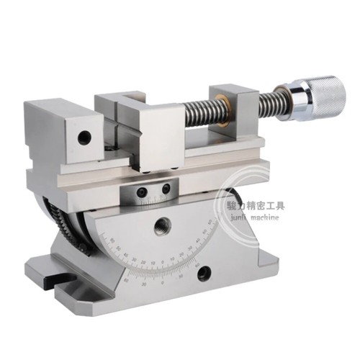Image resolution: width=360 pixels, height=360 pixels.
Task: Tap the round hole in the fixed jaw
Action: pos(85,135)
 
